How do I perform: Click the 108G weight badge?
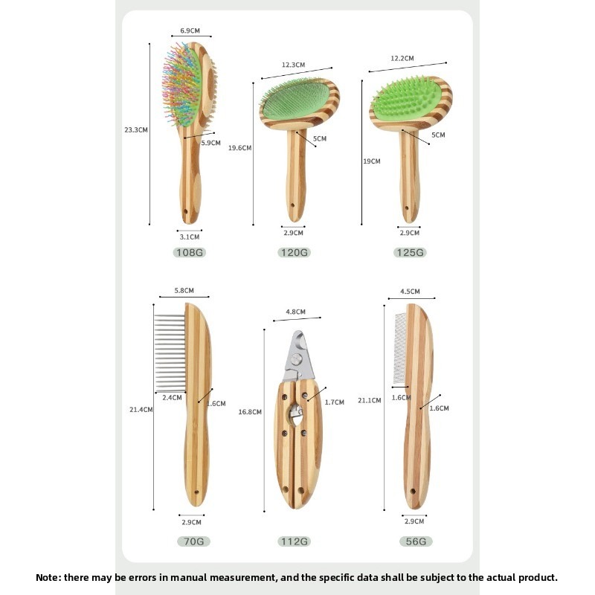coord(190,252)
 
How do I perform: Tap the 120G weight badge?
coord(294,252)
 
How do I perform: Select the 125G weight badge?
coord(410,252)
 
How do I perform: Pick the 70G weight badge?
coord(194,541)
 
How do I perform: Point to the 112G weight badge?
coord(294,541)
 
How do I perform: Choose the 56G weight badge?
coord(416,541)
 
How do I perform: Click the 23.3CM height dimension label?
coord(136,129)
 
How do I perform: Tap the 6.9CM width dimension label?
coord(190,30)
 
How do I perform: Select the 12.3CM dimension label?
coord(293,65)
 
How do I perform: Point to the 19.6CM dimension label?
coord(239,148)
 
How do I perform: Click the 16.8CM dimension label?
coord(250,412)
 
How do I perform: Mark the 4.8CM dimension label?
coord(295,312)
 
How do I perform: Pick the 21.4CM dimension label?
coord(141,410)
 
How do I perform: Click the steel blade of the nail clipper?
coord(299,357)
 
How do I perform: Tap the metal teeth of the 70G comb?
coord(170,353)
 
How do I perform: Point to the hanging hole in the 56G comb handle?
coord(413,492)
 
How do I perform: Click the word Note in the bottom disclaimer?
coord(48,578)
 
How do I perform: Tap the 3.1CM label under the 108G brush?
coord(190,237)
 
